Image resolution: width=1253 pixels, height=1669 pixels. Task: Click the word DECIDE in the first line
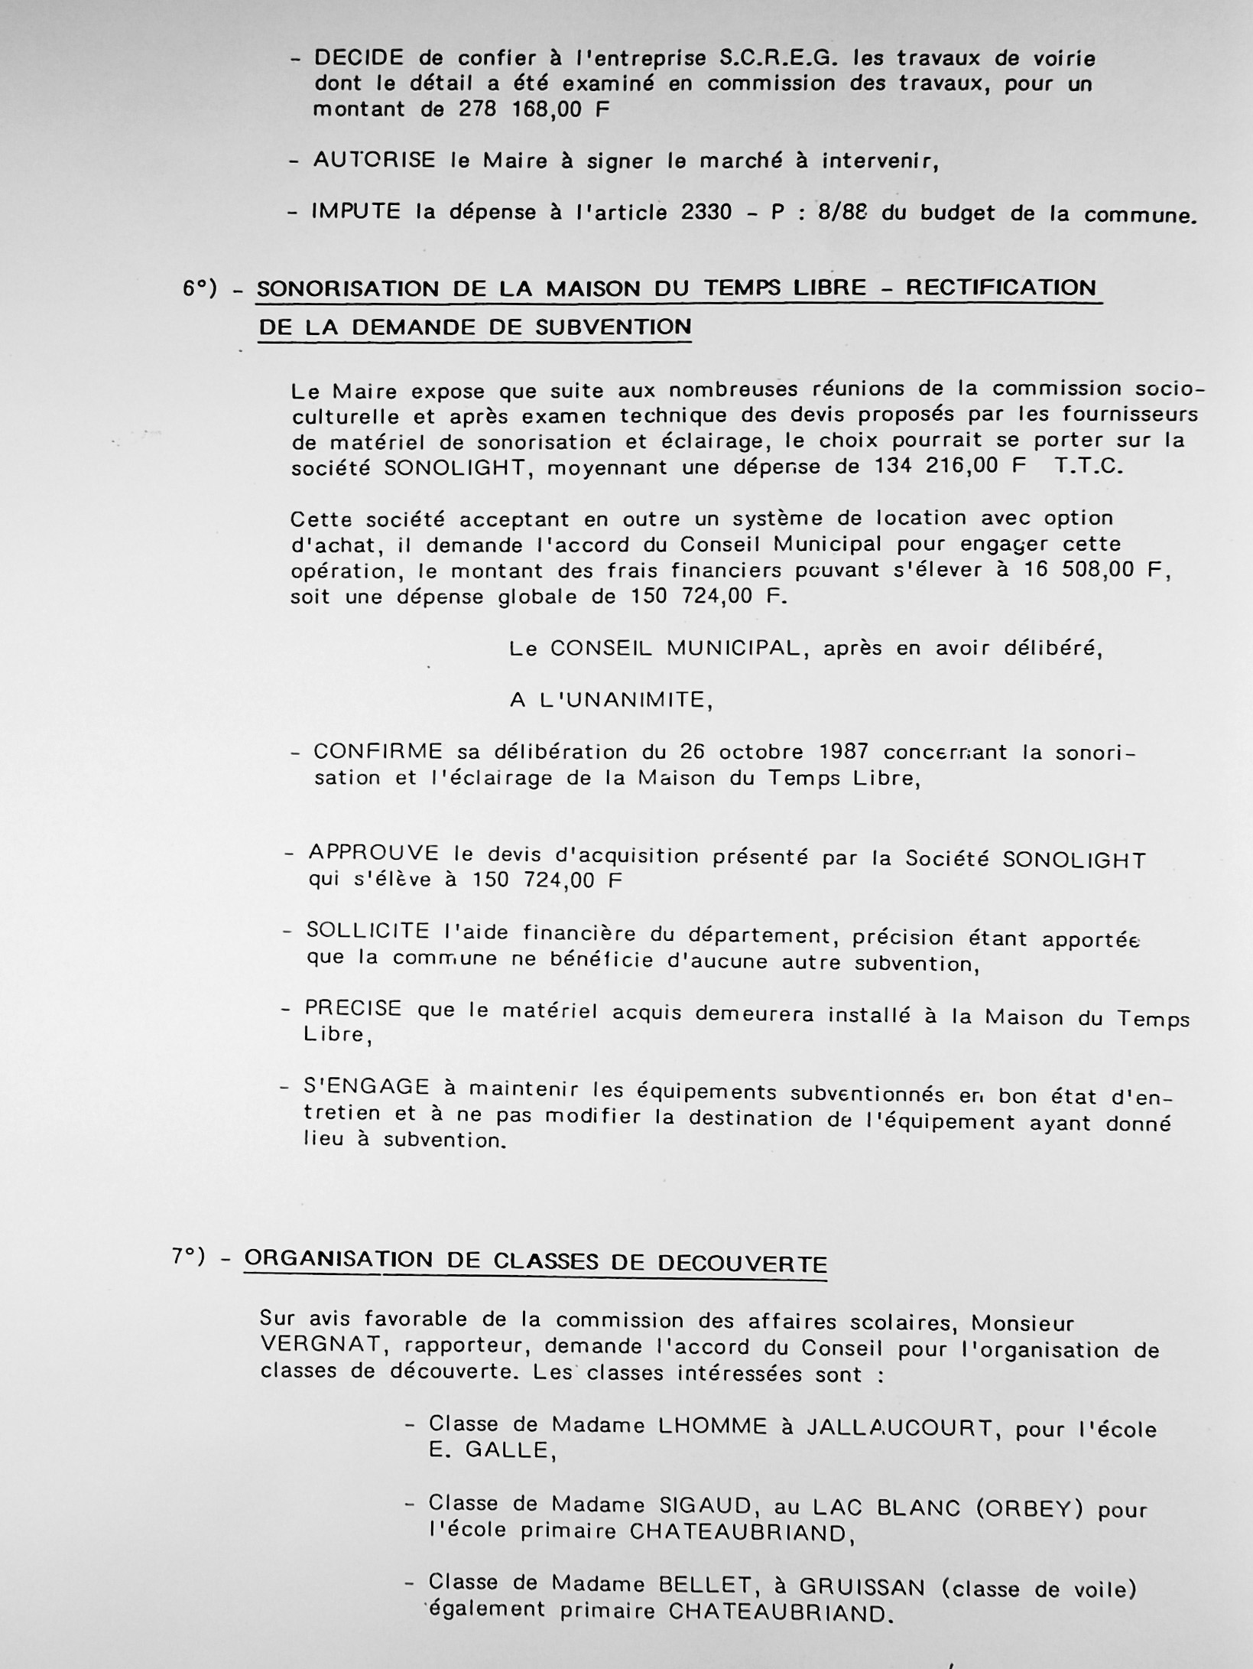[359, 58]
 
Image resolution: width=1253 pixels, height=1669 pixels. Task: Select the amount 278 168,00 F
[534, 109]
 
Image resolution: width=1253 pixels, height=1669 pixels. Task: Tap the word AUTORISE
[374, 161]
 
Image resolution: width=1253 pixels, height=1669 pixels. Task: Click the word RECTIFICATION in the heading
[1001, 288]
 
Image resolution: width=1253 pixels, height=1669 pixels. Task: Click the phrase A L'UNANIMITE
[611, 700]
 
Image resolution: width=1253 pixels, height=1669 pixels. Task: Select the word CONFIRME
[378, 751]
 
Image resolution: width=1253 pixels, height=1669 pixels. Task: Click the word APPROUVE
[374, 853]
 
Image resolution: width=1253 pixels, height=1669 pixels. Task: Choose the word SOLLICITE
[368, 931]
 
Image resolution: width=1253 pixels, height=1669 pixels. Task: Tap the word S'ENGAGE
[366, 1086]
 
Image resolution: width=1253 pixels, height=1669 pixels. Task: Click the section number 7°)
[189, 1257]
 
